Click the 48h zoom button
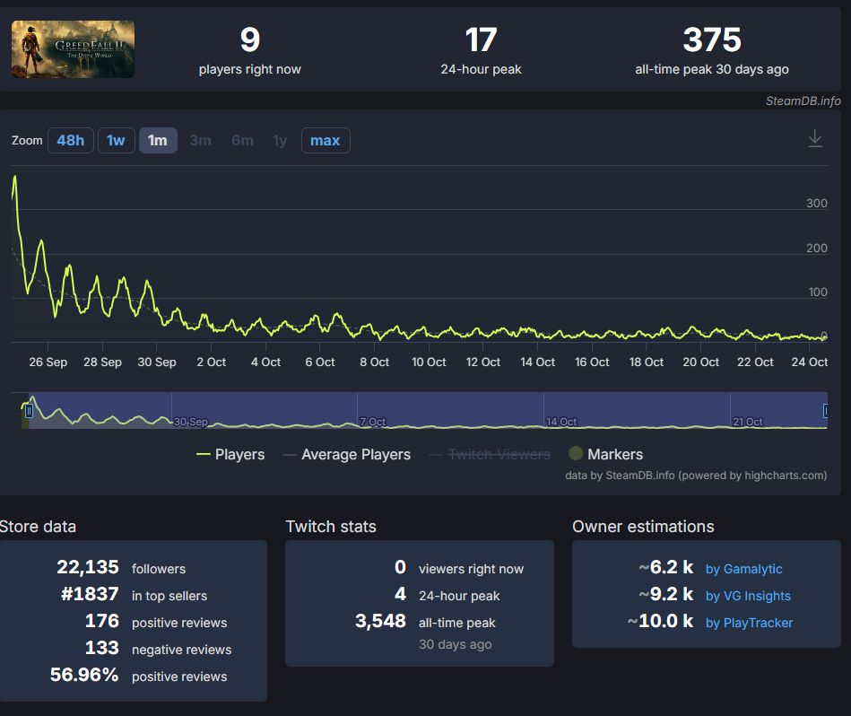(71, 141)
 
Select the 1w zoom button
(117, 141)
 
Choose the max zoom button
(326, 141)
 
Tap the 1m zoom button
(158, 141)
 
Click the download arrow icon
(814, 138)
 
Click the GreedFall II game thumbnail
(73, 49)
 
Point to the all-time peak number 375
(711, 39)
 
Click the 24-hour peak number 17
(481, 39)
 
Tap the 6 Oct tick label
(319, 362)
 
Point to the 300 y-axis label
(816, 203)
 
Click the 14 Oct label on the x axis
(537, 362)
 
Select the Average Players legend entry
(347, 454)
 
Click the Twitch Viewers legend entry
(491, 454)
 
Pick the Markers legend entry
(605, 454)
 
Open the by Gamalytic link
(743, 569)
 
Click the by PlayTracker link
(749, 623)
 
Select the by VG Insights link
(748, 596)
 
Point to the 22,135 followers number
(88, 567)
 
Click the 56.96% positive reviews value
(84, 675)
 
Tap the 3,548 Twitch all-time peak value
(380, 621)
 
